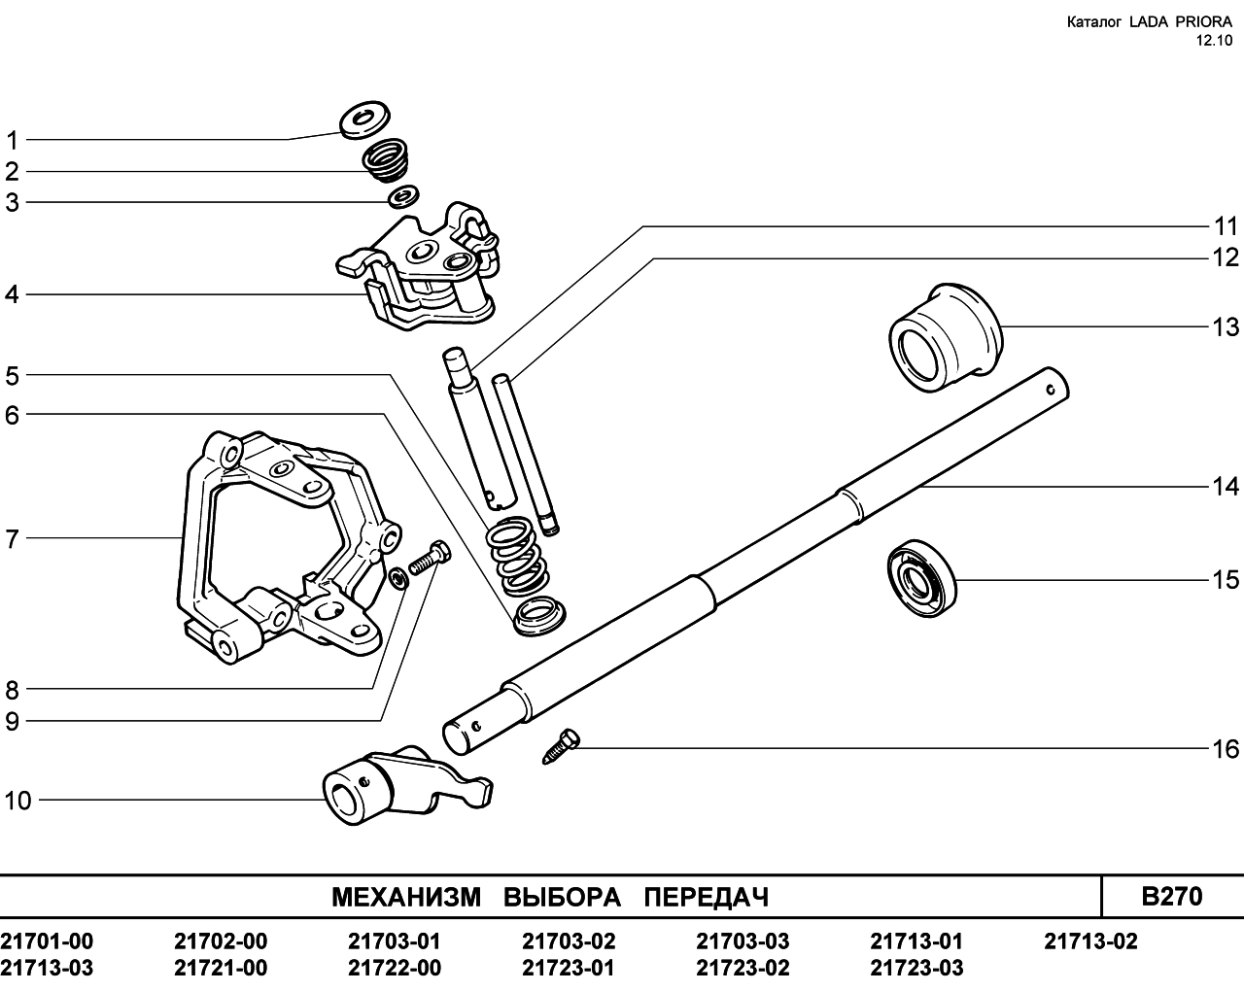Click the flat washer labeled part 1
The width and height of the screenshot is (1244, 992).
coord(364,120)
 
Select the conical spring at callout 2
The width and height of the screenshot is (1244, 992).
coord(386,160)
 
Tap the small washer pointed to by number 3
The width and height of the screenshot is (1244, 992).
coord(403,196)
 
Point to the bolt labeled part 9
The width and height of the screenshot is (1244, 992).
coord(430,558)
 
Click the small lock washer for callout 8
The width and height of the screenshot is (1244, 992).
coord(398,579)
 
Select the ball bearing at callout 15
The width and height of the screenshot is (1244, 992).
coord(921,579)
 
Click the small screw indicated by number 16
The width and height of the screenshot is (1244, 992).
coord(561,746)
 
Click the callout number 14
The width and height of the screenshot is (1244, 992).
coord(1225,486)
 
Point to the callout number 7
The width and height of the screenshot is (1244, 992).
coord(12,539)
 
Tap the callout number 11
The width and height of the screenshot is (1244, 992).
coord(1226,226)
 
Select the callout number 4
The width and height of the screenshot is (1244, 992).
coord(12,294)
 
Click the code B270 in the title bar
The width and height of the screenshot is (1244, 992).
coord(1172,897)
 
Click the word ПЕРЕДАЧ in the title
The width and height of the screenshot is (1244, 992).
coord(707,897)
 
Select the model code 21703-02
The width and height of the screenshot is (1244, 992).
coord(569,941)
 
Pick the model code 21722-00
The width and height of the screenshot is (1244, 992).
coord(395,968)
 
